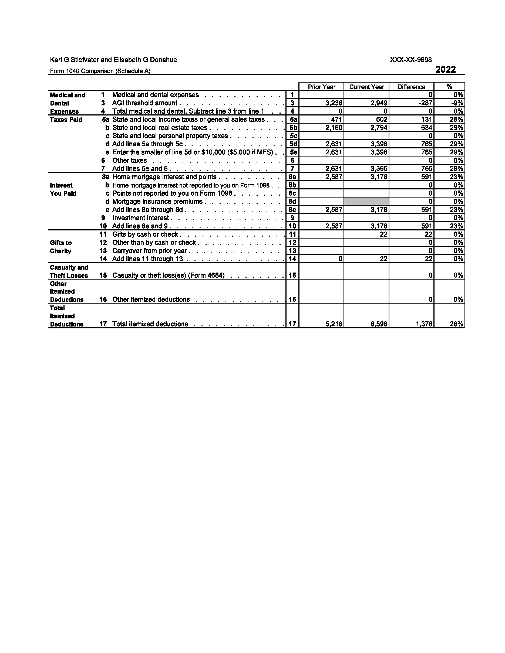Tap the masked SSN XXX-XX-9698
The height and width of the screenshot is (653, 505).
tap(410, 60)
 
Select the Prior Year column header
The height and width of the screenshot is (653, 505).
tap(321, 87)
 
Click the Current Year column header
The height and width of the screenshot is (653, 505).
tap(366, 87)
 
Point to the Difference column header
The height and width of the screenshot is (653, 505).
tap(411, 87)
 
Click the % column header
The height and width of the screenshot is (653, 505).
tap(449, 87)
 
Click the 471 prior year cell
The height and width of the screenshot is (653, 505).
tap(336, 120)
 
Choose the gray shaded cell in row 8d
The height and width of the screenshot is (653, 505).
tap(366, 201)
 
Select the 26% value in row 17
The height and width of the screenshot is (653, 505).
tap(456, 324)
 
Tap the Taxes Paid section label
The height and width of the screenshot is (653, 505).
tap(66, 120)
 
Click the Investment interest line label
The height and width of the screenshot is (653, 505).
tap(140, 218)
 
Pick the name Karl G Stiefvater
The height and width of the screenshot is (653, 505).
tap(75, 60)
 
